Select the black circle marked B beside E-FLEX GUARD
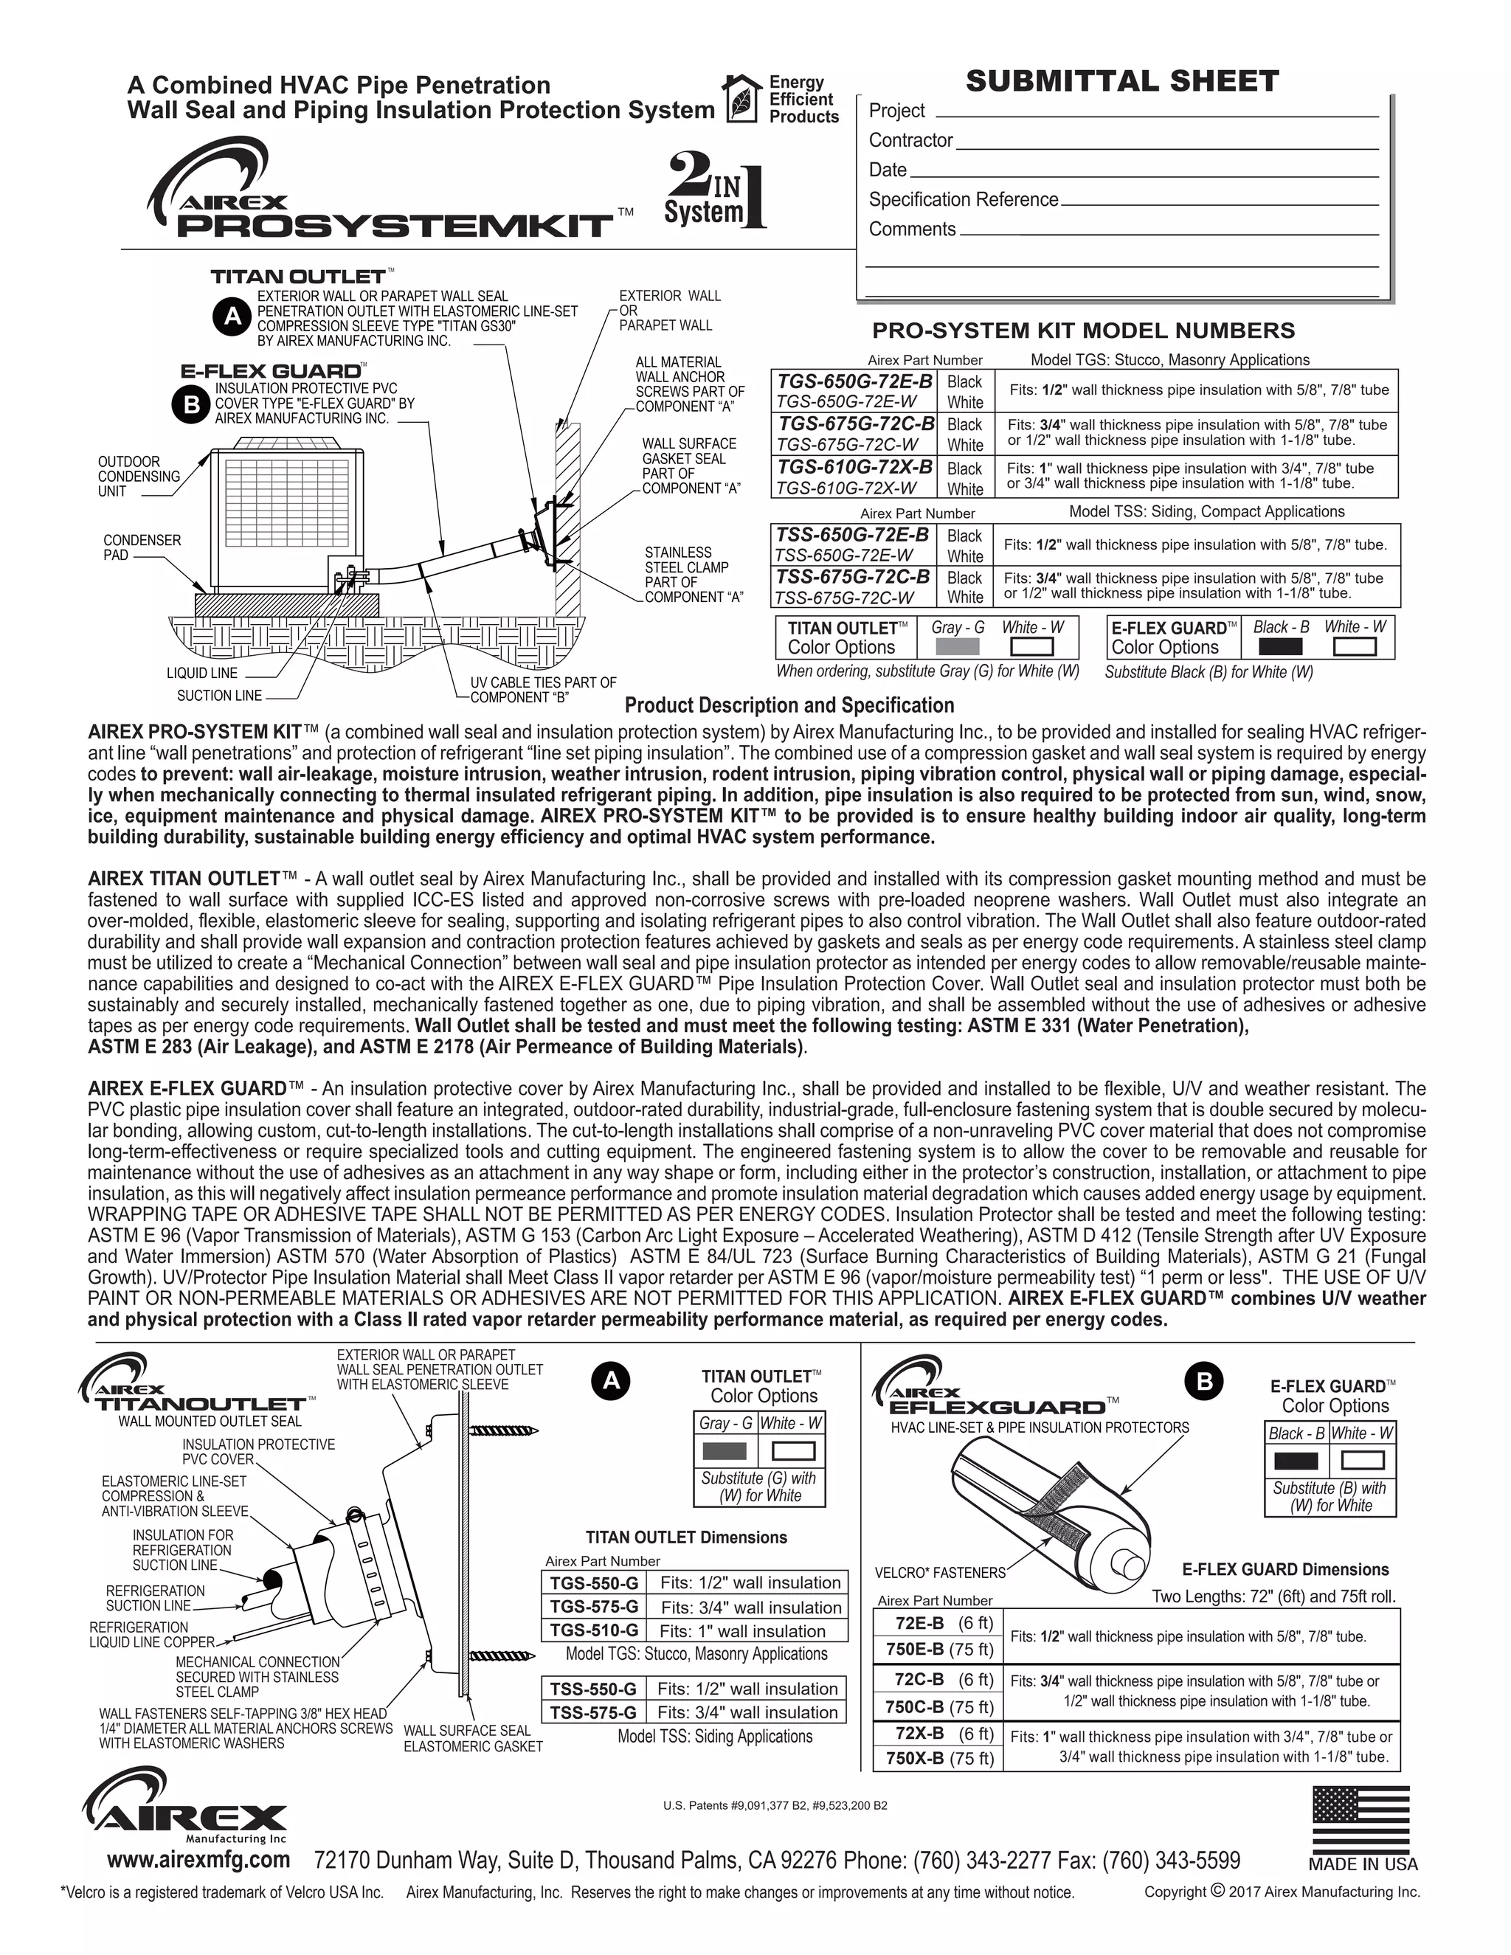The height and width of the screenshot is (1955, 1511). point(190,404)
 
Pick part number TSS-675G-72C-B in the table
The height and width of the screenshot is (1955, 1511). point(852,578)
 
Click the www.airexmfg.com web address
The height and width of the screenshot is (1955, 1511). point(198,1859)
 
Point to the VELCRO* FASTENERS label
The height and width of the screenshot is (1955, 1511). point(940,1573)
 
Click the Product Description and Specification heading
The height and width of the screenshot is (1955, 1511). point(789,705)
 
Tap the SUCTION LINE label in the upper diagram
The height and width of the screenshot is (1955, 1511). point(219,696)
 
